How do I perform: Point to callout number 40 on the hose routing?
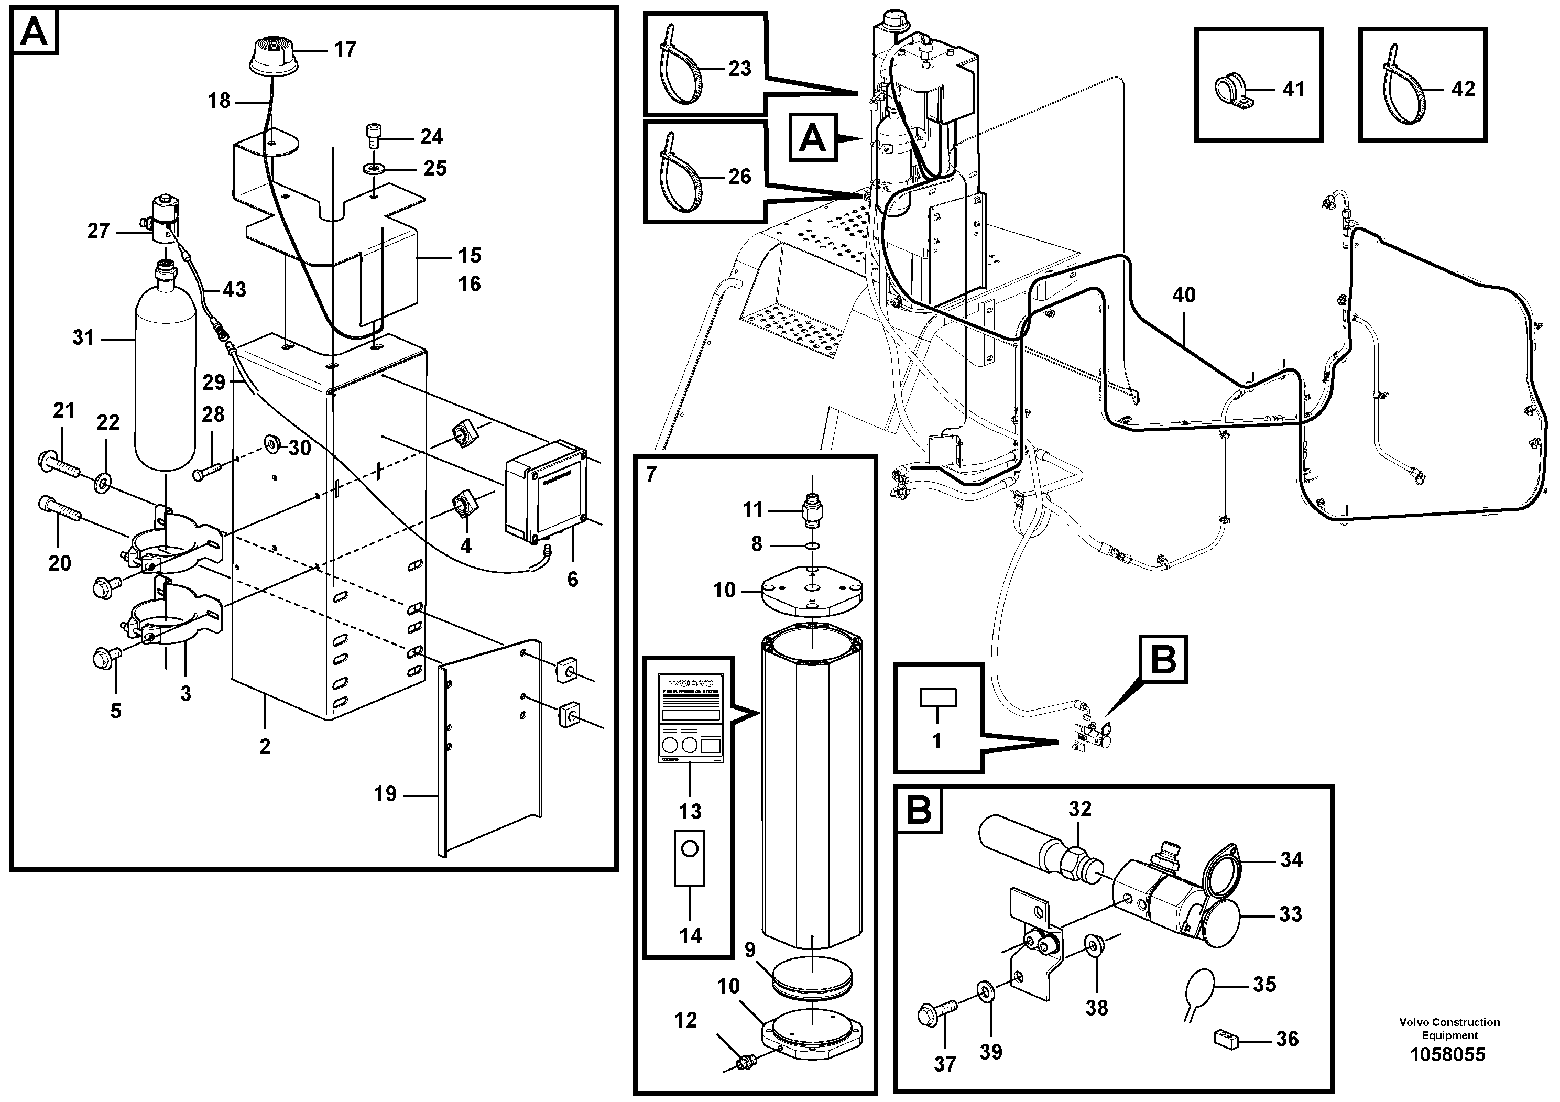(1184, 295)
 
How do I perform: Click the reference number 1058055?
(1448, 1054)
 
